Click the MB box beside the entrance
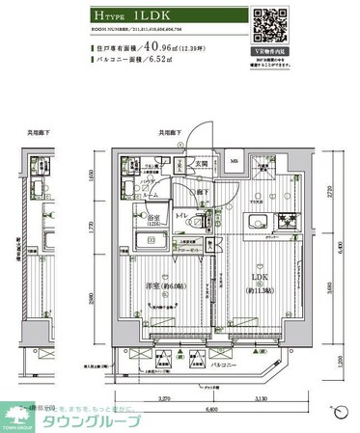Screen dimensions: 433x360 [x=235, y=163]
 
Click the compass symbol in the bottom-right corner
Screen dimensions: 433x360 [x=340, y=413]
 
